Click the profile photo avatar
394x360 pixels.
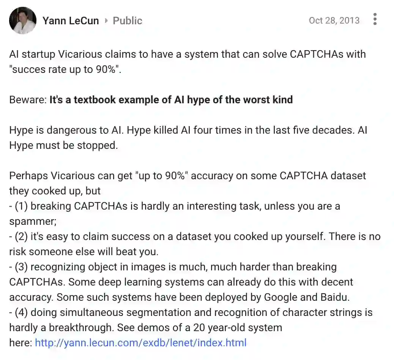click(23, 21)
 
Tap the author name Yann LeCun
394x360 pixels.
click(71, 21)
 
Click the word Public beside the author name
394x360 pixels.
click(128, 21)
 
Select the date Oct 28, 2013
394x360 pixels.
click(334, 21)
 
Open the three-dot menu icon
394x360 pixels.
click(375, 19)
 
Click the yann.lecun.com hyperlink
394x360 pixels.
click(141, 343)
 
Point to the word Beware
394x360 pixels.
click(27, 100)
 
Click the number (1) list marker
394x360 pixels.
click(21, 206)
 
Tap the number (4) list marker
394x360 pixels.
click(21, 313)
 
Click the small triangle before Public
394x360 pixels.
click(106, 21)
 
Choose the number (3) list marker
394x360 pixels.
click(21, 267)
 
